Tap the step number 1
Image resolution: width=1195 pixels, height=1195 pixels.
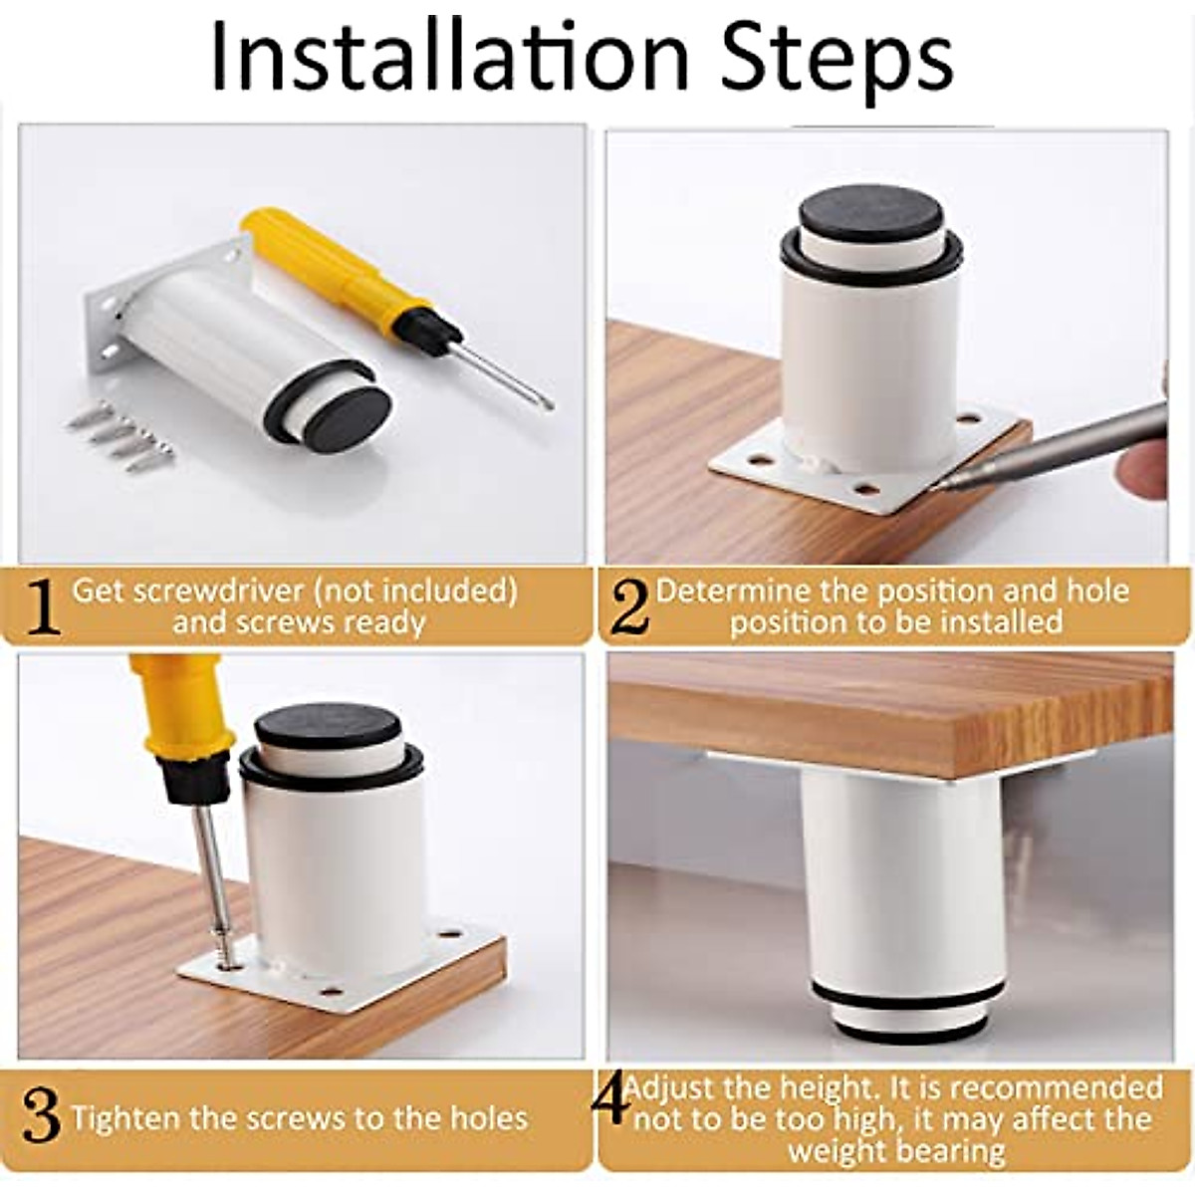[x=44, y=606]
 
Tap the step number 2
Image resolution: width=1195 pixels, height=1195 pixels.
[x=630, y=607]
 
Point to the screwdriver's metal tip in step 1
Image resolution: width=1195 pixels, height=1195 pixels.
[x=548, y=403]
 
